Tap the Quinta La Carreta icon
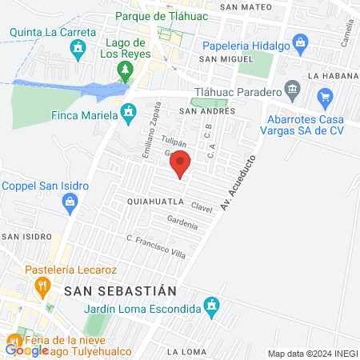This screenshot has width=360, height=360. (x=77, y=50)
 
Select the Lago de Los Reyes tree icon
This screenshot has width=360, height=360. (x=125, y=72)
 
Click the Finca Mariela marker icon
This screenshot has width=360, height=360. (x=127, y=114)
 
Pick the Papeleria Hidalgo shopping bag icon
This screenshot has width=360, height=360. (x=300, y=41)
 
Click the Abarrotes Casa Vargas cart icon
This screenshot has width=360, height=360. (x=324, y=99)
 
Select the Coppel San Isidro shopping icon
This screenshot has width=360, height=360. (x=70, y=204)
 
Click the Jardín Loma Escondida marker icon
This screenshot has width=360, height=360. (x=211, y=305)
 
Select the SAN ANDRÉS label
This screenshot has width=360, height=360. (x=206, y=111)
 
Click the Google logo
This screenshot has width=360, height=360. (x=27, y=349)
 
